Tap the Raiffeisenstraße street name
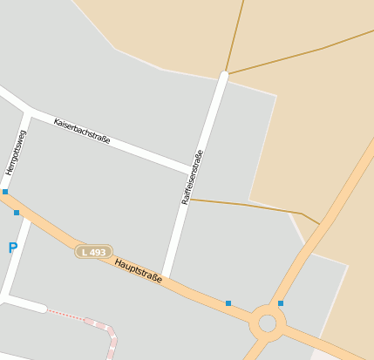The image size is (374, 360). coord(192,177)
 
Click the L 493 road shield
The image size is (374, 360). coord(92,252)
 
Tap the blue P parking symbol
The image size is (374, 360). coord(12,248)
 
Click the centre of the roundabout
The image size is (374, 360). coord(268,323)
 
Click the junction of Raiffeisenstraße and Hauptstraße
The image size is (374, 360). coord(166,280)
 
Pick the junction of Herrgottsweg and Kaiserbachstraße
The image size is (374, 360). coord(30,112)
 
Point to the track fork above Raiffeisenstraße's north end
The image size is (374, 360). coord(227,72)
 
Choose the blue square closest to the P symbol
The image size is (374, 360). coord(17,213)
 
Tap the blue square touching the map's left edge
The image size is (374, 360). coord(4,192)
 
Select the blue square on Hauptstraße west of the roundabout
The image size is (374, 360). coord(228,303)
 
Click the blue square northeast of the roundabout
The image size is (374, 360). coord(281,303)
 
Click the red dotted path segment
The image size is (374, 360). coord(65,314)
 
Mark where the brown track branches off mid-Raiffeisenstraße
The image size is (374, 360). coord(189,200)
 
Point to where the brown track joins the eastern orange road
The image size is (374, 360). coord(320,222)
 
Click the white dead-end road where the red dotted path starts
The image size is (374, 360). coord(26,303)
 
